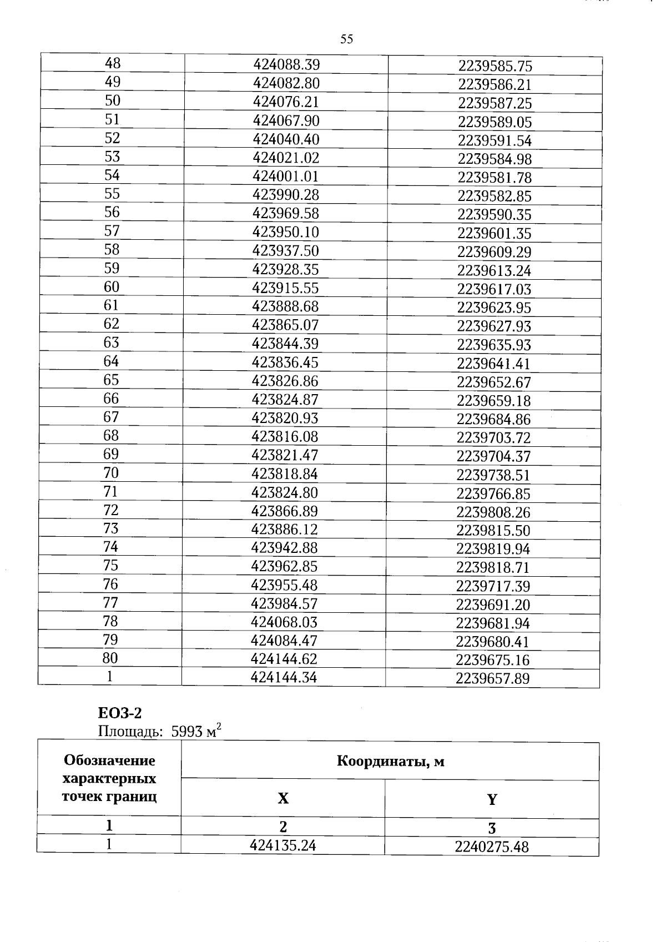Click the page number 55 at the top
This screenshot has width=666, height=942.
[x=346, y=39]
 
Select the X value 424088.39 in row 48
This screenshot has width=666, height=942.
[x=286, y=65]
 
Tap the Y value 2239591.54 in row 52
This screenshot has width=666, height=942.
[x=495, y=140]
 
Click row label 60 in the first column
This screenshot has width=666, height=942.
[x=112, y=287]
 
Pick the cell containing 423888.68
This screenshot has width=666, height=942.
[x=285, y=306]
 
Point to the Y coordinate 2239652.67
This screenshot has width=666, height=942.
[x=494, y=382]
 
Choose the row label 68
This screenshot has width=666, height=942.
[x=111, y=435]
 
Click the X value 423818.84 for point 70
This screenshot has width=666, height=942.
[x=285, y=474]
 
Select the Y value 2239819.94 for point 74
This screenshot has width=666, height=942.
[x=493, y=549]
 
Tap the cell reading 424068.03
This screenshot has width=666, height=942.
[x=284, y=622]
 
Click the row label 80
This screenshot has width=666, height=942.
[x=110, y=658]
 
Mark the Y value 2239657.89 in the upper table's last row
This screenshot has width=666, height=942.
[x=492, y=678]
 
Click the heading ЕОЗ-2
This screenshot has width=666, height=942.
[x=120, y=713]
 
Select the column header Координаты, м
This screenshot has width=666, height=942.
[x=390, y=761]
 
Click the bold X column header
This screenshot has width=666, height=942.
[x=283, y=799]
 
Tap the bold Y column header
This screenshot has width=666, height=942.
[x=492, y=800]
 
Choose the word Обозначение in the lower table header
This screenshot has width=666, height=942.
[x=109, y=760]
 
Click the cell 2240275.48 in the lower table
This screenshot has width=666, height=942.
[x=492, y=847]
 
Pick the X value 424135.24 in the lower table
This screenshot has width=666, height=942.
[x=283, y=845]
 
